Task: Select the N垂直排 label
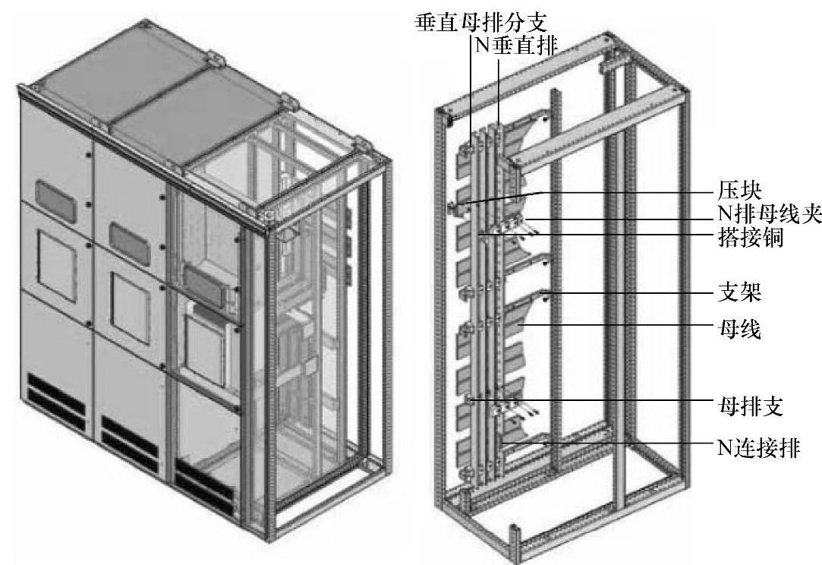(x=516, y=44)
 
